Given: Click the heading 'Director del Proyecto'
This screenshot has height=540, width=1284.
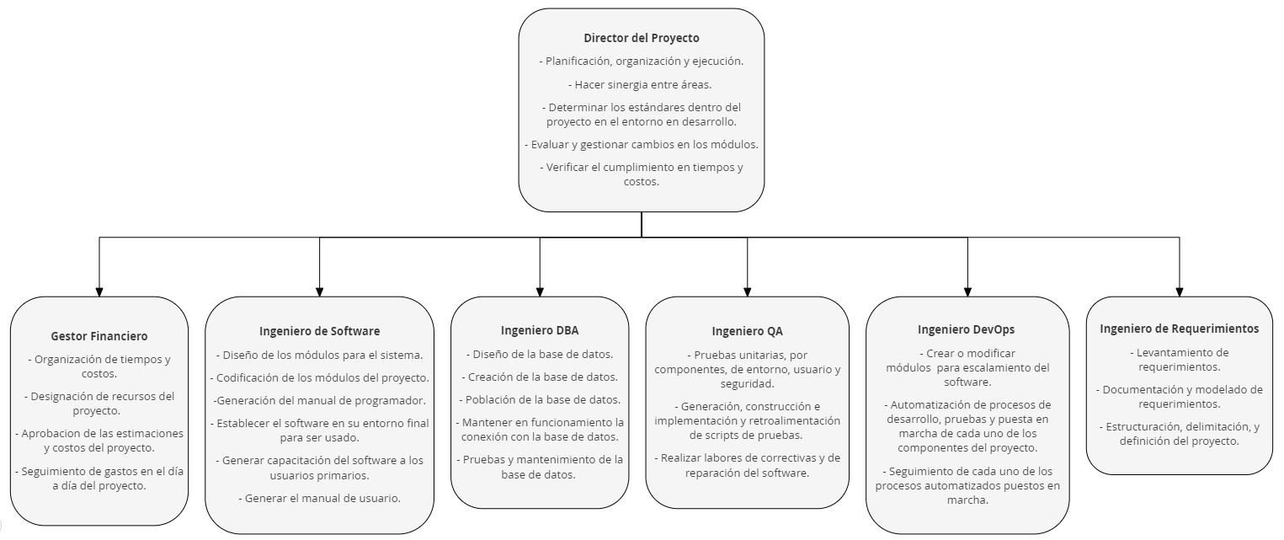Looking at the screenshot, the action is [x=641, y=38].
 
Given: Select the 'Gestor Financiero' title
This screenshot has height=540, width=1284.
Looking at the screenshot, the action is [x=99, y=336].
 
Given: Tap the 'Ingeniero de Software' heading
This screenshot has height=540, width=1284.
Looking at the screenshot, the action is [x=319, y=331].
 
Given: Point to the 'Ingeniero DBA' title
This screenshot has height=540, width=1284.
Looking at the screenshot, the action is [x=540, y=330].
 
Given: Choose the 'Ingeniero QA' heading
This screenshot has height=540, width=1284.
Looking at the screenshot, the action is [x=747, y=331].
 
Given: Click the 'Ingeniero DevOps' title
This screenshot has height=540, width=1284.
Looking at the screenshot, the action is [x=966, y=329].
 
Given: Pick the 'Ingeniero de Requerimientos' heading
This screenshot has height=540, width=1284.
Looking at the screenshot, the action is [x=1179, y=329].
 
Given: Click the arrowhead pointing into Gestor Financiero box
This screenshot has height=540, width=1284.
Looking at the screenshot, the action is [x=99, y=291].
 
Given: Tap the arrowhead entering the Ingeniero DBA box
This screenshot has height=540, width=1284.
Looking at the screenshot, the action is [x=540, y=291].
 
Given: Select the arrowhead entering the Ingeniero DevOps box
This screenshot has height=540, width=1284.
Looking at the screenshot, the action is [x=967, y=291].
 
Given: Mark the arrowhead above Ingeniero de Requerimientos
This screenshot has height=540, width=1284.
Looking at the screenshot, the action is [x=1179, y=291].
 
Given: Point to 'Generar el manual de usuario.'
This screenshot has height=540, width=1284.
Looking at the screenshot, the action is [x=319, y=498].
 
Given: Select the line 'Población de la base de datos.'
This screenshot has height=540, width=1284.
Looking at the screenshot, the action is [x=540, y=399].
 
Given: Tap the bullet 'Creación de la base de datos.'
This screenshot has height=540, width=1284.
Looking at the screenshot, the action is [x=540, y=377].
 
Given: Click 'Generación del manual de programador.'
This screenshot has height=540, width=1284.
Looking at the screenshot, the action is [x=319, y=401].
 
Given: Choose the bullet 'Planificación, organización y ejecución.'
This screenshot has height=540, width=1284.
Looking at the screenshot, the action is [x=641, y=61].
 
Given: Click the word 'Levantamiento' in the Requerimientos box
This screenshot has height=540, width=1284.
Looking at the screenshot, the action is [x=1182, y=352].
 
